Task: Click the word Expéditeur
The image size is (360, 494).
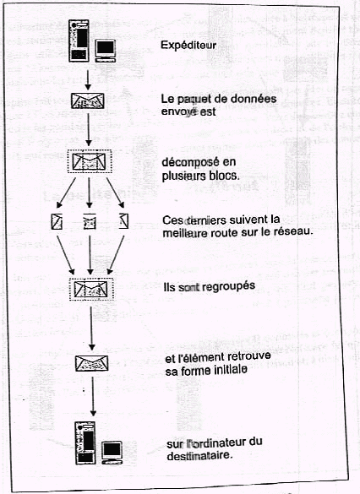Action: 188,45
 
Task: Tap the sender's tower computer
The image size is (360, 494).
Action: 79,41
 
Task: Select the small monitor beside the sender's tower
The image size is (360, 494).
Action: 106,51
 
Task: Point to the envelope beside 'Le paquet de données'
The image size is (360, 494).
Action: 88,100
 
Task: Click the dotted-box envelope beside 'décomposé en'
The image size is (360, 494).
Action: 90,161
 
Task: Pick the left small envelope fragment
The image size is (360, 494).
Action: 57,221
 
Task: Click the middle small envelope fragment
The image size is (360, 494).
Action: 90,221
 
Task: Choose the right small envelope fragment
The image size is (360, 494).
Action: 123,221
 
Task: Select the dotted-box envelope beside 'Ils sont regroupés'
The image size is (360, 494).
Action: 91,289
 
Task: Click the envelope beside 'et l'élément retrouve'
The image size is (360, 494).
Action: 92,364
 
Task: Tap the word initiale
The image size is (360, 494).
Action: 231,370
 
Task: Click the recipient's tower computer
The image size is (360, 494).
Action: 85,443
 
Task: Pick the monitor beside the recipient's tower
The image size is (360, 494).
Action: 112,453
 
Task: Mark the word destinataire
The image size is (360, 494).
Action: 199,456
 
